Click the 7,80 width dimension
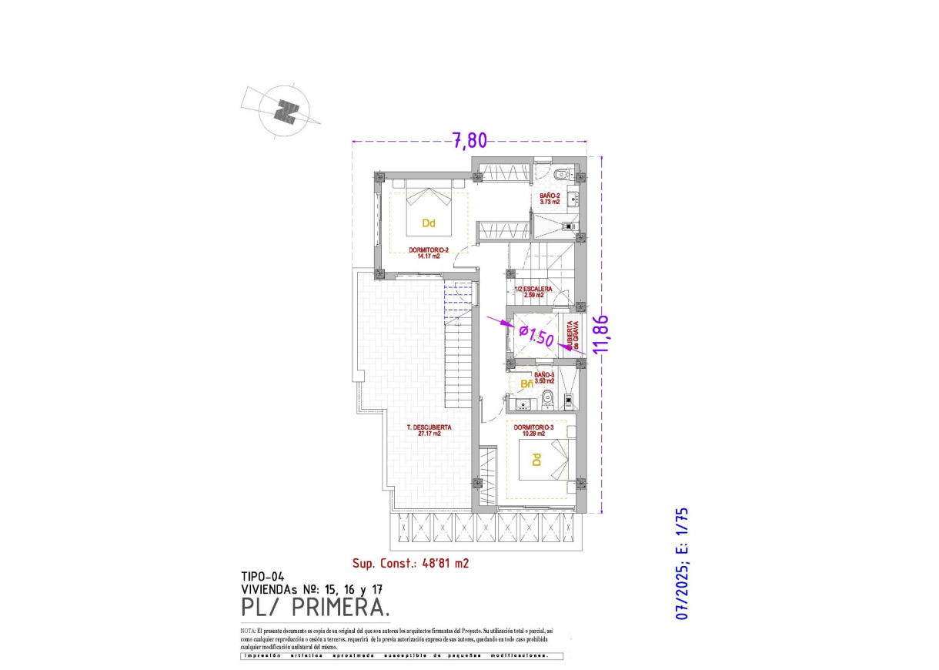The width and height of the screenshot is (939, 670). pyautogui.click(x=469, y=140)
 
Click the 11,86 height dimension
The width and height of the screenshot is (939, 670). pyautogui.click(x=603, y=333)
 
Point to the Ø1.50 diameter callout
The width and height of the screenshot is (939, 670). pyautogui.click(x=536, y=335)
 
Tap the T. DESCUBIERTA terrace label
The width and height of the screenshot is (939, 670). pyautogui.click(x=429, y=430)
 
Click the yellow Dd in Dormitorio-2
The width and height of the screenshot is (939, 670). pyautogui.click(x=429, y=224)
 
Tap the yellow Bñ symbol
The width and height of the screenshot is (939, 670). pyautogui.click(x=527, y=384)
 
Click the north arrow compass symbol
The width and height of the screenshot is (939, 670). pyautogui.click(x=287, y=112)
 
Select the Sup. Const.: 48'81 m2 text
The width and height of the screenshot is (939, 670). pyautogui.click(x=410, y=563)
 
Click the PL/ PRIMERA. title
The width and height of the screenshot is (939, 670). pyautogui.click(x=314, y=608)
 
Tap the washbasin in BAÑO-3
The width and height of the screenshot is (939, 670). pyautogui.click(x=523, y=401)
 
